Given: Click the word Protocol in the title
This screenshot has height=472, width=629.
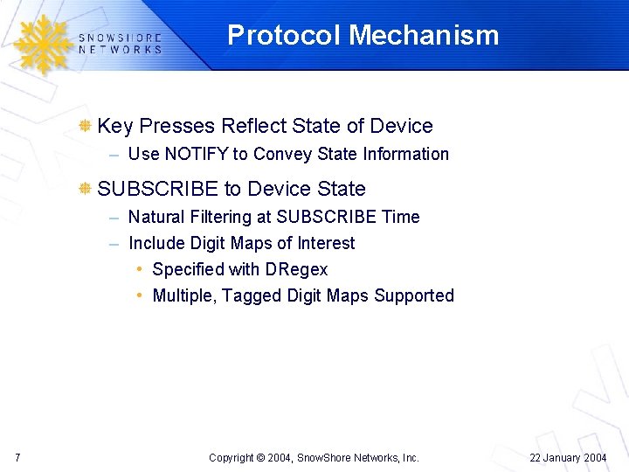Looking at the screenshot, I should (285, 35).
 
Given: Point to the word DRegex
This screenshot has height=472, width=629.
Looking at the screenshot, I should (294, 269).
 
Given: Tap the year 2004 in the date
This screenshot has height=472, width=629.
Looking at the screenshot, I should (594, 458).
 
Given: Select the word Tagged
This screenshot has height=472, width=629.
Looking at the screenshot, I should (249, 295).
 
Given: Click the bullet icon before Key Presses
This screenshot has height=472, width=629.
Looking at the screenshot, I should (86, 126).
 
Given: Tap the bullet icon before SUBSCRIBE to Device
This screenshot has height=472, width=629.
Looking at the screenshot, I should (86, 189).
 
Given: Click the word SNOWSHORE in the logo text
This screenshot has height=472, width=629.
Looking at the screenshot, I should (120, 38).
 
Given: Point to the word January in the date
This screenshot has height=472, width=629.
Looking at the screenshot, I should (558, 458).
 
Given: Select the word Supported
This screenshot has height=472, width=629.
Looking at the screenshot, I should (414, 295).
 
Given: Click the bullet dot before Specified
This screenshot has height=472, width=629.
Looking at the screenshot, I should (141, 269).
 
